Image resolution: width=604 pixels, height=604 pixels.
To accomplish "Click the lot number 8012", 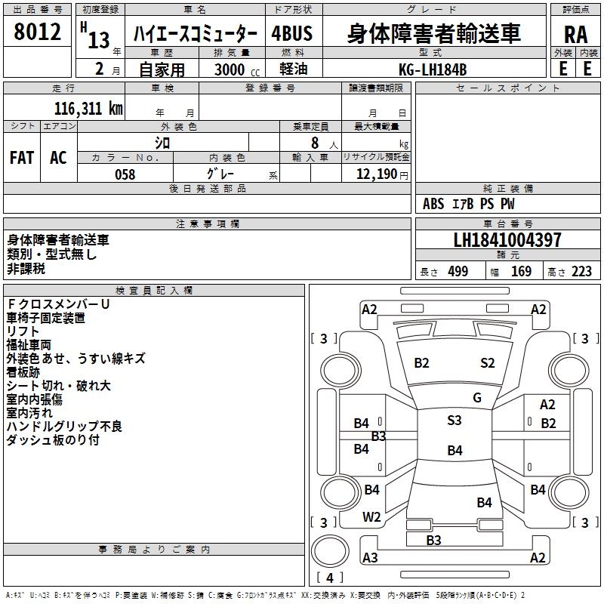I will tap(38, 32).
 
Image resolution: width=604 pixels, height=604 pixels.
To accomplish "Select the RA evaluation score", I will tap(575, 35).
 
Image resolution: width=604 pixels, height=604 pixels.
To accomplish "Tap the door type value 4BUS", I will tap(291, 35).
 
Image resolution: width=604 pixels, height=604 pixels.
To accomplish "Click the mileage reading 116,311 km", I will tap(88, 109).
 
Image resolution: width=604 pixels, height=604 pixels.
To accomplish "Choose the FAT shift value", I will tap(21, 158).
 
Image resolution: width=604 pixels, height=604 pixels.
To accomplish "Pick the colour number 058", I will tap(125, 174).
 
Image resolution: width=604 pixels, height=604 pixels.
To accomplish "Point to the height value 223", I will tap(581, 272).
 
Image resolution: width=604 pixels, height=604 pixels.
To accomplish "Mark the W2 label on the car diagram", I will tap(371, 517).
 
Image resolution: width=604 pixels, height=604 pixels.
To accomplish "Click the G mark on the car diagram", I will tap(476, 398).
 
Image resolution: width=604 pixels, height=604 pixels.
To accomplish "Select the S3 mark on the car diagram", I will tap(454, 421).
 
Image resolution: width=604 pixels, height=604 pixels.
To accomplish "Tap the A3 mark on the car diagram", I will tap(370, 558).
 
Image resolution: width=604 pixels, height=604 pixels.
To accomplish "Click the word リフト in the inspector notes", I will tap(23, 331).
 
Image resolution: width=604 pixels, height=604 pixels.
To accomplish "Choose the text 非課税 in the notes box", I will tap(26, 268).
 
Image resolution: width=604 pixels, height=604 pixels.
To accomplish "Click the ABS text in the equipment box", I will tap(433, 204).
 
